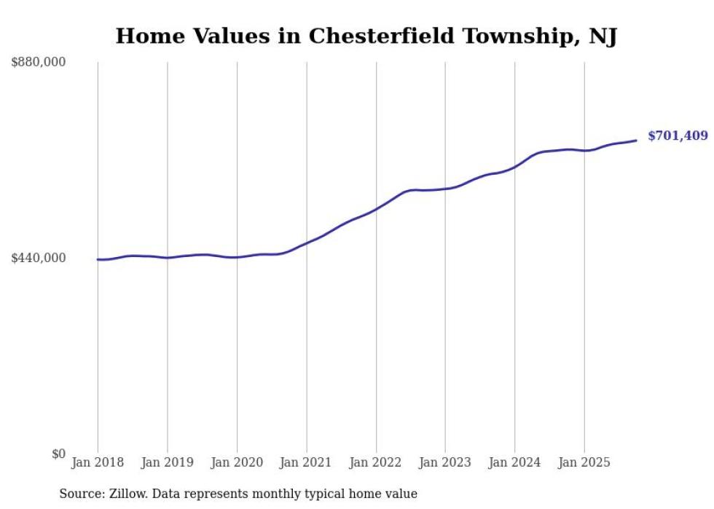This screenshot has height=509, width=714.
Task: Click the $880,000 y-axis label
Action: (39, 63)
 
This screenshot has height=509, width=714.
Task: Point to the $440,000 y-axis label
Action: (39, 258)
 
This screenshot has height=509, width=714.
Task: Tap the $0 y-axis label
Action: (58, 454)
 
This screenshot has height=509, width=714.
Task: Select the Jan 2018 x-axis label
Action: (98, 462)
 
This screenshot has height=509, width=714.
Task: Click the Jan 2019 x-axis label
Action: (167, 462)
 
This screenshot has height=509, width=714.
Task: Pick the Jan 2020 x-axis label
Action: (237, 462)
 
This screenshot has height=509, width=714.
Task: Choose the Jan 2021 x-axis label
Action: (306, 462)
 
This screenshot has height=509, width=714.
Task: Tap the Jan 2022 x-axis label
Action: (376, 462)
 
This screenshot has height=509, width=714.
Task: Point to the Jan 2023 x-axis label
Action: (445, 462)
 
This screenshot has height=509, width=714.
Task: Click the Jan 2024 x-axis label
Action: (514, 462)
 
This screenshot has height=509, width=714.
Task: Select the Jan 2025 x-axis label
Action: (584, 462)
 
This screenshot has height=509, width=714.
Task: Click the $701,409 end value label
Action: (677, 136)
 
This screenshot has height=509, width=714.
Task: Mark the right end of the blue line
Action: (636, 141)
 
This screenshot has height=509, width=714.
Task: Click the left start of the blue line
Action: (98, 259)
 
